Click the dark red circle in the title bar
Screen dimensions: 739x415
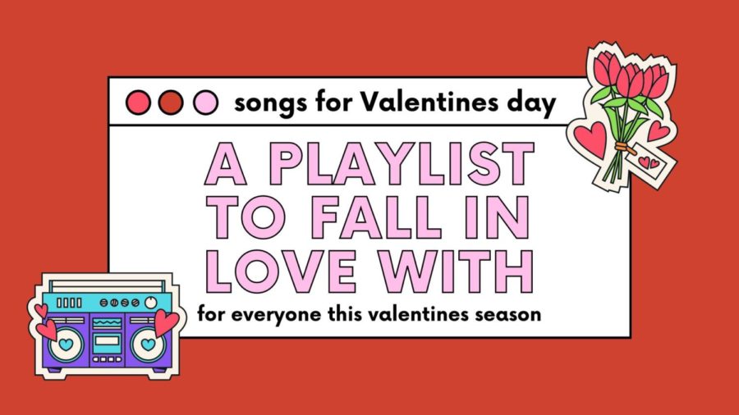tap(171, 102)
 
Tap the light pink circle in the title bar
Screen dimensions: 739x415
tap(205, 102)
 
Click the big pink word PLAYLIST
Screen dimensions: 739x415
tap(402, 163)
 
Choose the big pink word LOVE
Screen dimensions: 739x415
tap(281, 271)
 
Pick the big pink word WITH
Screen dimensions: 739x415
tap(457, 271)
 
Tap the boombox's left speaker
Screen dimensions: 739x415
tap(66, 344)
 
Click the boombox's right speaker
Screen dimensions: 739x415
tap(148, 344)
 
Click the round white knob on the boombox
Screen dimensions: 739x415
tap(151, 302)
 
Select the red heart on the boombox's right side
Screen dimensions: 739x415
tap(167, 322)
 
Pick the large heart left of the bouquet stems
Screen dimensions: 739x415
tap(590, 139)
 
